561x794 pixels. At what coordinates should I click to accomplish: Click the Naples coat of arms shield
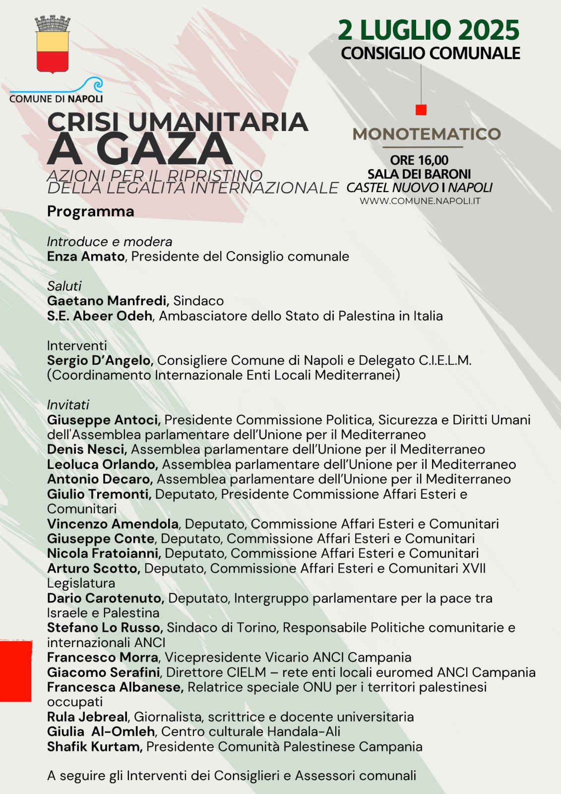point(52,50)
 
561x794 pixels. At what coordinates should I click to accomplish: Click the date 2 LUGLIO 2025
point(429,30)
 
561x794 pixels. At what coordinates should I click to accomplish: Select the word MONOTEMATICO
point(427,134)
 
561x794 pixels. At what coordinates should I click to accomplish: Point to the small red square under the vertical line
point(421,110)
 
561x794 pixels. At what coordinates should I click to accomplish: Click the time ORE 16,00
point(419,160)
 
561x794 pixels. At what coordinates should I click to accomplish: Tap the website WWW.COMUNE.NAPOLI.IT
point(420,201)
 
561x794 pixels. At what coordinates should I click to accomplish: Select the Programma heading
point(91,211)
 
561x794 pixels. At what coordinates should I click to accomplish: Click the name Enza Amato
point(86,257)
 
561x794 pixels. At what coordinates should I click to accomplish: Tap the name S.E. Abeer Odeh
point(100,316)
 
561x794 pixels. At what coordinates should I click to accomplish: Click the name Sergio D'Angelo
point(100,360)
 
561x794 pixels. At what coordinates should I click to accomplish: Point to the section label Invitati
point(68,405)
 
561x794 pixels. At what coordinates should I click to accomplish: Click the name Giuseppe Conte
point(101,539)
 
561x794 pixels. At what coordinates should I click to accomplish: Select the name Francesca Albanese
point(115,687)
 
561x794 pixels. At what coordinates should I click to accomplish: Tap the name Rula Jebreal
point(87,717)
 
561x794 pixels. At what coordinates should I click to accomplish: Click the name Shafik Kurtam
point(94,747)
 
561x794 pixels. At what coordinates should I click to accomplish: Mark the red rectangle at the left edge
point(15,671)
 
